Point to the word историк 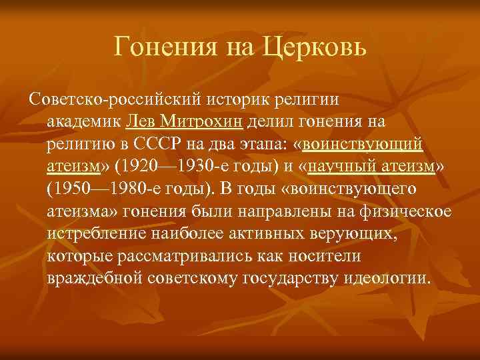pos(229,100)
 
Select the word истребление pos(92,234)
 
